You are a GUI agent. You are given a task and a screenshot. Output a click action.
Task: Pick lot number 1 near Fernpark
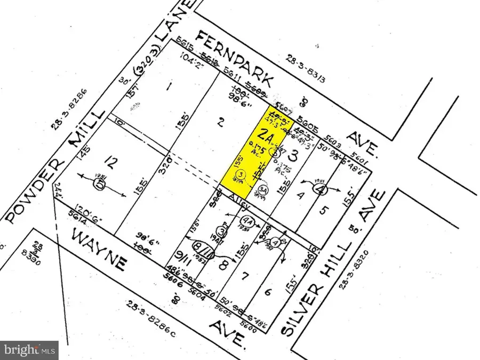[169, 86]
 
